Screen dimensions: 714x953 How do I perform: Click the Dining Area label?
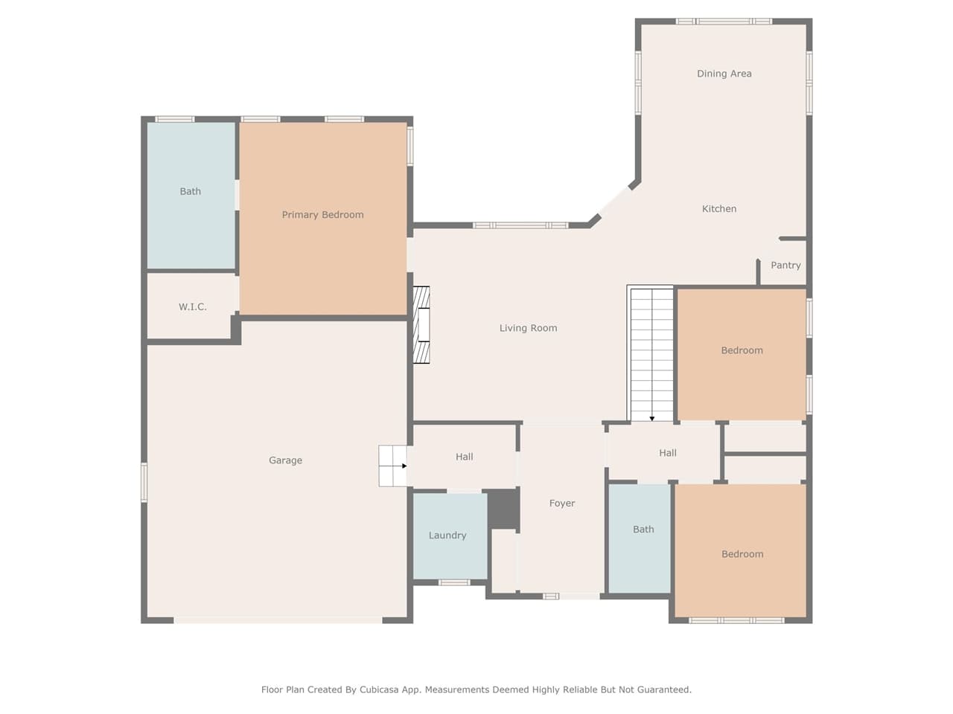coord(724,74)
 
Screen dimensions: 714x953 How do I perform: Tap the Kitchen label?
coord(719,209)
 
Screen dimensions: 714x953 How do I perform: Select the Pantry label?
coord(785,266)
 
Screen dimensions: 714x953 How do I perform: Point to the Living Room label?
coord(528,328)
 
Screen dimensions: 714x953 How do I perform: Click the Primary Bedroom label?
coord(322,215)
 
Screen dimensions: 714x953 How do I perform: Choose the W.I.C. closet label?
coord(192,307)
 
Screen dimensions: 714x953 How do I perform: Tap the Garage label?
coord(285,460)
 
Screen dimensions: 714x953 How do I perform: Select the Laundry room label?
coord(447,535)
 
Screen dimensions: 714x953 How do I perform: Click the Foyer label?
coord(562,504)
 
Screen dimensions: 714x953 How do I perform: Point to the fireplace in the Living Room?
coord(422,324)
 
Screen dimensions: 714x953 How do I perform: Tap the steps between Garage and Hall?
coord(392,466)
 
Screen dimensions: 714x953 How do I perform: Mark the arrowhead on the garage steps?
coord(404,466)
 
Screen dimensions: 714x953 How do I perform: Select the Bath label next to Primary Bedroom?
coord(190,192)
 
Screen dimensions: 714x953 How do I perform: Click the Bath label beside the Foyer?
coord(643,530)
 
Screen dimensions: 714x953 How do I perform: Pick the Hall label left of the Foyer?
coord(464,457)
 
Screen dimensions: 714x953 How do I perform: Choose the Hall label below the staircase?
coord(667,453)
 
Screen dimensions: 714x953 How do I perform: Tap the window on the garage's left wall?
coord(144,482)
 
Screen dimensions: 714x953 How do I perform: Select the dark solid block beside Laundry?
coord(503,509)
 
